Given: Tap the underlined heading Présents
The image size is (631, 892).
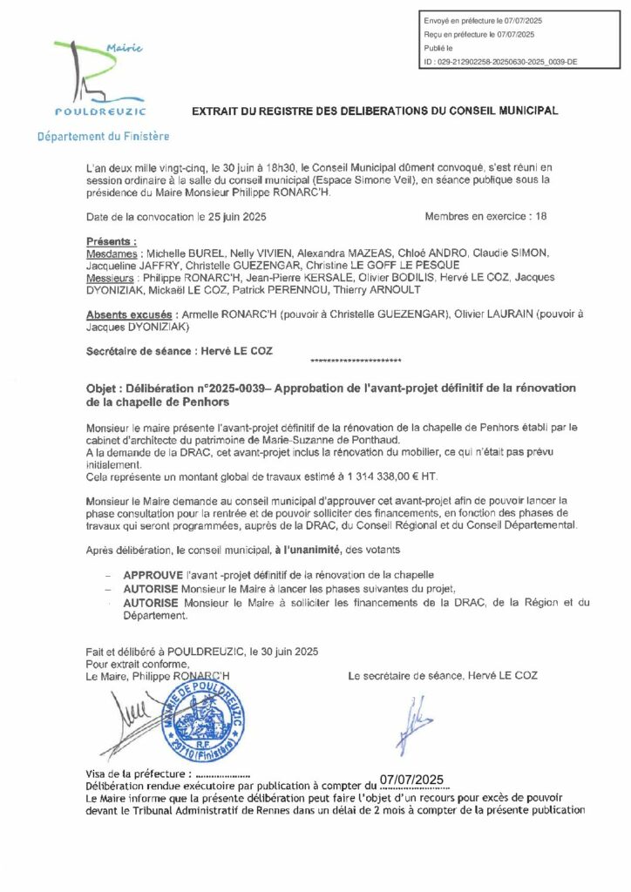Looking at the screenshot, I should (x=112, y=240).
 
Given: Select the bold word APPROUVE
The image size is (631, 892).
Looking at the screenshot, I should (x=154, y=577).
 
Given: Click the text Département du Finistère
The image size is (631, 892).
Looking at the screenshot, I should (x=103, y=137).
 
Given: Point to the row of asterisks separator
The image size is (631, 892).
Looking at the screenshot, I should (x=356, y=360).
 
